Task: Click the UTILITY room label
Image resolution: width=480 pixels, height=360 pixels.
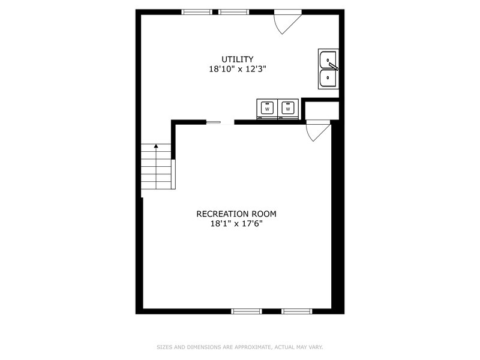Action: tap(237, 59)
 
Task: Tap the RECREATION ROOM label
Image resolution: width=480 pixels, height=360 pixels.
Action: tap(236, 214)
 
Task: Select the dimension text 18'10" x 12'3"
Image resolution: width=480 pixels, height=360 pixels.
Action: tap(238, 69)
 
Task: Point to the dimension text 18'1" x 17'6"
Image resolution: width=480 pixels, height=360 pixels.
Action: tap(236, 223)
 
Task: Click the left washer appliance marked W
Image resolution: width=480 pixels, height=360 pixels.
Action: tap(267, 109)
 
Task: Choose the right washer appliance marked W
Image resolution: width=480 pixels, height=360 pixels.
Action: tap(288, 109)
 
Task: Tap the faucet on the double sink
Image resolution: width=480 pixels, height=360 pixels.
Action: tap(333, 66)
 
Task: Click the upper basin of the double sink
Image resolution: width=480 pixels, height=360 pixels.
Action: tap(328, 59)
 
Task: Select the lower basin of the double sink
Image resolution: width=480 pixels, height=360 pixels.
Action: tap(328, 78)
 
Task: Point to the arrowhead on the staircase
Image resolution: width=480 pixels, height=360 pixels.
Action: tap(156, 146)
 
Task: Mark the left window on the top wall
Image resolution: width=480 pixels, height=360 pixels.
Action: tap(197, 12)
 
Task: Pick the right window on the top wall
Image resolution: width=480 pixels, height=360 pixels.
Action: tap(233, 12)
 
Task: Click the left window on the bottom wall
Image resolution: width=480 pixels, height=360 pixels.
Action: tap(247, 311)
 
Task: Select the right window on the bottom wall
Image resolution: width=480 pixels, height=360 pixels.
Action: tap(297, 311)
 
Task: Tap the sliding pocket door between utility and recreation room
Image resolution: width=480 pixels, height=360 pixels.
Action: tap(214, 122)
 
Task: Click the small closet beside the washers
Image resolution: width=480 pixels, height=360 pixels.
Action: tap(322, 110)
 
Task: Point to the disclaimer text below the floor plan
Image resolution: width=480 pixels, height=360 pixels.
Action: tap(239, 347)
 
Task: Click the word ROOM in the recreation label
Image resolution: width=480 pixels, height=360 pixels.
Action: tap(264, 214)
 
